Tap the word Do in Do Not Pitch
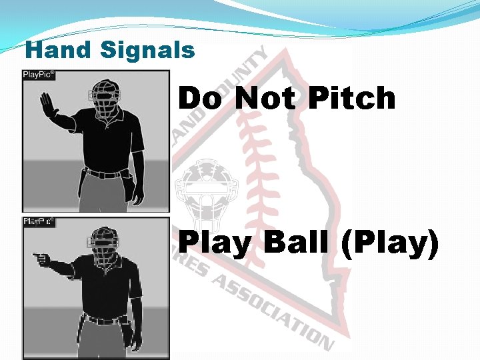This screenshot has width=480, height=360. coord(201,99)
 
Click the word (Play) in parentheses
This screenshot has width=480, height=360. coord(389,244)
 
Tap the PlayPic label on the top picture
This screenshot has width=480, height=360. coord(39,75)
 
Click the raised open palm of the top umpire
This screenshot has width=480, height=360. coord(47,104)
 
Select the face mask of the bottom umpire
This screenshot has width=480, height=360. coord(103,246)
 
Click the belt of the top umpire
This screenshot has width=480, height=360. coord(103,174)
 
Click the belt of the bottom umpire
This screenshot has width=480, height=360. coord(103,321)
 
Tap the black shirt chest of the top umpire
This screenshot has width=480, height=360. coord(107,137)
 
